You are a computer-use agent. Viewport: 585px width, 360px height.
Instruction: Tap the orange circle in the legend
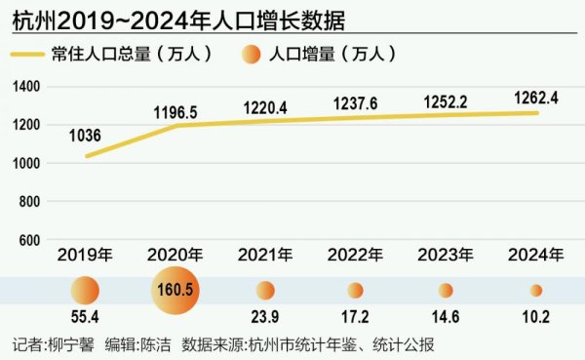pos(251,56)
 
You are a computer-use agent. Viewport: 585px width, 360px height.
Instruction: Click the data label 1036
pos(85,137)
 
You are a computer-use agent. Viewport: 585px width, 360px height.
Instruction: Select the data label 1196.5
pos(175,113)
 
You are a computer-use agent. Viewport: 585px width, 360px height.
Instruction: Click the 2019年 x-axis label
pos(85,256)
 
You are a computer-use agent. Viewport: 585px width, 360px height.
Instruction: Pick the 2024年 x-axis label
pos(535,256)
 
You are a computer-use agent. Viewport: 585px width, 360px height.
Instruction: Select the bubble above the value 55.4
pos(85,290)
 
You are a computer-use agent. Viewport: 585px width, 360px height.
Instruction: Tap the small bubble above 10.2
pos(535,290)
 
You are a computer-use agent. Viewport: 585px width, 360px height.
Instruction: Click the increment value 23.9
pos(265,319)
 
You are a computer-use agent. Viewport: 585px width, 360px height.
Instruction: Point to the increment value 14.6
pos(446,319)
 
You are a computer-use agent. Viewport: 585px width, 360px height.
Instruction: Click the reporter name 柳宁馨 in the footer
pos(72,344)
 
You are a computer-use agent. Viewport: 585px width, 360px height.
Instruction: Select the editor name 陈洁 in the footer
pos(153,344)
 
